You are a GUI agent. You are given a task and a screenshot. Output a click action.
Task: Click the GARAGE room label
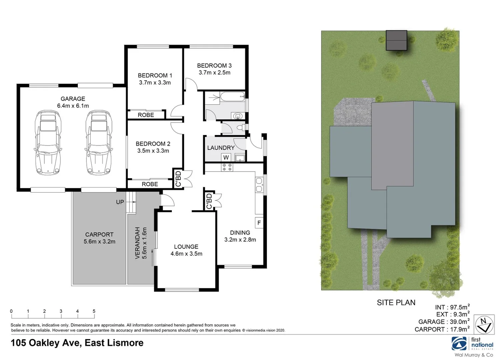(73, 99)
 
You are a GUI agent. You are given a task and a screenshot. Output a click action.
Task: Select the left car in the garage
(48, 143)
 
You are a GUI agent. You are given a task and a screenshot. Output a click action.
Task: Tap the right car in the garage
(99, 143)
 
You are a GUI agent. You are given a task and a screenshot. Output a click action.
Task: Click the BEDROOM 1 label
(155, 75)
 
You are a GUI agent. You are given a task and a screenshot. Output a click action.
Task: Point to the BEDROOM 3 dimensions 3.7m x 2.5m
(214, 73)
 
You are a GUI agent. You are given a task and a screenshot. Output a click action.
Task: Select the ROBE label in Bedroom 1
(146, 115)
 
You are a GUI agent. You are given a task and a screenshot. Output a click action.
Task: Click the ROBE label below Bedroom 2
(150, 184)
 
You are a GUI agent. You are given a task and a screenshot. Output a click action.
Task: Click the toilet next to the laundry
(240, 128)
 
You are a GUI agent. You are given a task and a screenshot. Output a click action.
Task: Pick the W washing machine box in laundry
(226, 157)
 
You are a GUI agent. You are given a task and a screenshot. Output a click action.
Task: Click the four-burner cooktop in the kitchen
(227, 167)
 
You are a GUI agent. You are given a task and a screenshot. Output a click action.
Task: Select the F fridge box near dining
(259, 223)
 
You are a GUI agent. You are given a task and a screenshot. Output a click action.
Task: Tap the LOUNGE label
(186, 247)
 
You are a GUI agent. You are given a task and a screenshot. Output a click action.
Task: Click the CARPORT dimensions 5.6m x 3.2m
(99, 242)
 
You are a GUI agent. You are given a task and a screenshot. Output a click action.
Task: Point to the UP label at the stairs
(120, 202)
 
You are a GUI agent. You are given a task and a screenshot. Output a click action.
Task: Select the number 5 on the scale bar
(94, 311)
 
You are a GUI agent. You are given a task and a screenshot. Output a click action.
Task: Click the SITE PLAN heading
(396, 303)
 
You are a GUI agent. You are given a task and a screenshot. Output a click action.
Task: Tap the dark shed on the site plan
(396, 40)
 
